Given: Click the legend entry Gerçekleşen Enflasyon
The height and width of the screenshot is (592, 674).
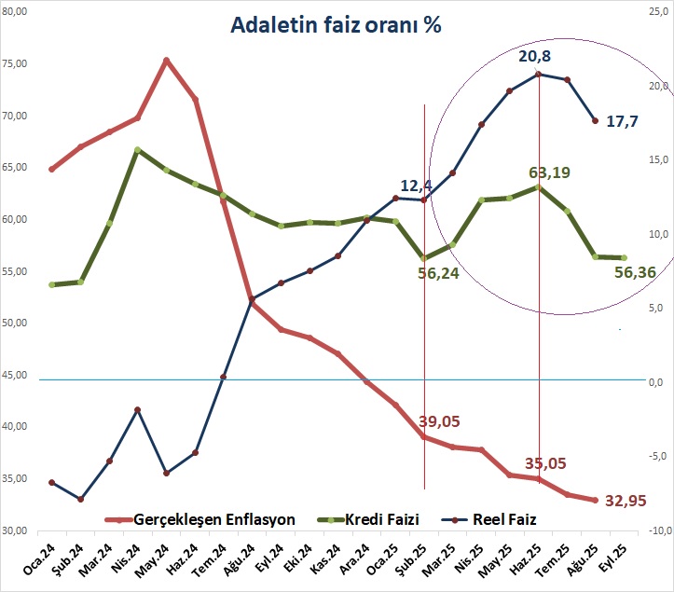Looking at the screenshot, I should click(214, 518).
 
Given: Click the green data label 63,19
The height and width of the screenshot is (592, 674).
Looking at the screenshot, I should click(549, 172).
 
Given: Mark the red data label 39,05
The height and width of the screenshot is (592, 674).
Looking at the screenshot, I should click(442, 421).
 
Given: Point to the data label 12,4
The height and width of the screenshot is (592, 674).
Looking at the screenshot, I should click(419, 186).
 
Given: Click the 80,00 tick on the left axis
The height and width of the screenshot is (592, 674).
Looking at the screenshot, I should click(15, 11).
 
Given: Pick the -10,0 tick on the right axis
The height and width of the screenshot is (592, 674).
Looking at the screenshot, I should click(658, 530).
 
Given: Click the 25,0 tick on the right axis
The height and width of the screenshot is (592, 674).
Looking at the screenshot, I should click(658, 11).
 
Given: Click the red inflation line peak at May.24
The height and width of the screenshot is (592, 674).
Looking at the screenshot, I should click(166, 61).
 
